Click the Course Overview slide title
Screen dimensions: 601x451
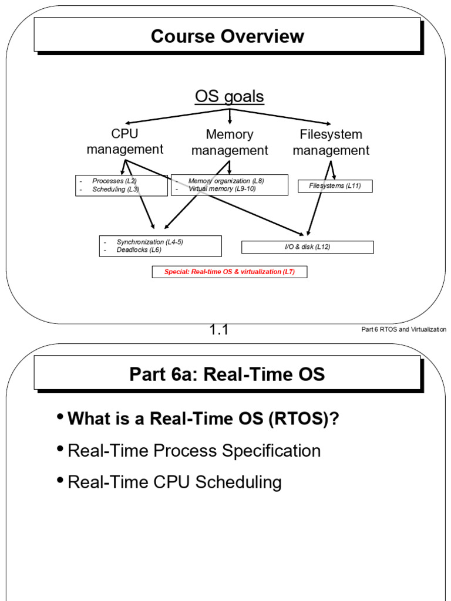pos(227,36)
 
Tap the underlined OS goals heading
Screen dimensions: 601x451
pos(229,96)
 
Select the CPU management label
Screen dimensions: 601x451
pos(124,142)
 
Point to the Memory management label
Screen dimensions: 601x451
pos(230,143)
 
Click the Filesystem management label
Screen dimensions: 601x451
pos(331,143)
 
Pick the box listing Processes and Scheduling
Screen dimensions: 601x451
pos(122,185)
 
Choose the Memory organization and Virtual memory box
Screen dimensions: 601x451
pos(230,185)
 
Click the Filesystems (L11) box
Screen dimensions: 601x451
pos(335,186)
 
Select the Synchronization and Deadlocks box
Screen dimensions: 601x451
pos(160,246)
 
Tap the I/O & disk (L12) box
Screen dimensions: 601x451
pos(307,247)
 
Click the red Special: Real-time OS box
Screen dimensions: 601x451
pos(230,272)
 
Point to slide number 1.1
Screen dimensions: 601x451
pos(218,330)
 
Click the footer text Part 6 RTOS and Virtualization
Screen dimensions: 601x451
pos(403,330)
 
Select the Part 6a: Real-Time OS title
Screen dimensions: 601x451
pos(227,374)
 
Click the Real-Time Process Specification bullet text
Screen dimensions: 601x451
pos(194,451)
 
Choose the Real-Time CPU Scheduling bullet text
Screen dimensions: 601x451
pos(175,482)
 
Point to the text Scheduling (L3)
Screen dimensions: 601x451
pos(116,190)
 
